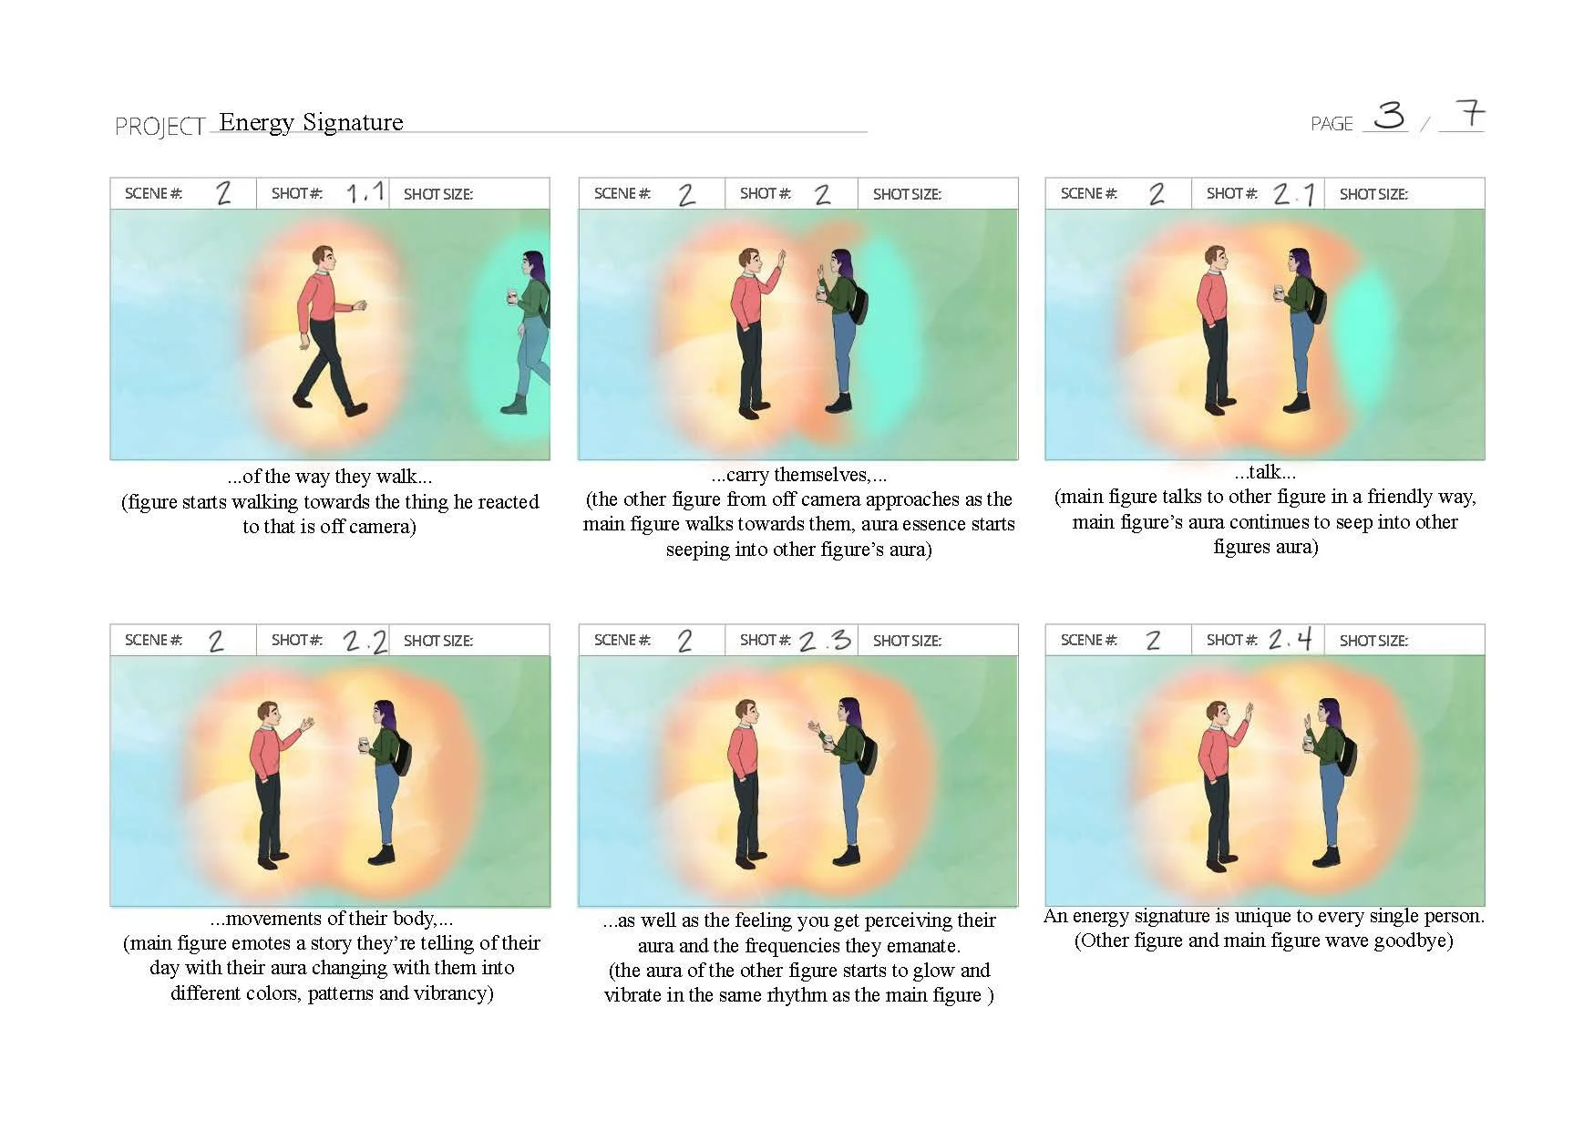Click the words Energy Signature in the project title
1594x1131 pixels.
click(311, 122)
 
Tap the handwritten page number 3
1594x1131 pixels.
click(1389, 115)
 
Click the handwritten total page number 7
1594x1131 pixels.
click(1469, 114)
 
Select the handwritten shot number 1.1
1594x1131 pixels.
click(365, 192)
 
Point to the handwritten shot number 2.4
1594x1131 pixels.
click(1291, 639)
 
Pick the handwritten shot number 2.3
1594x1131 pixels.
click(825, 641)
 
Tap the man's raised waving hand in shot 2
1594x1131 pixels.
click(779, 260)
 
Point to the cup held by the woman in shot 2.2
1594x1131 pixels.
click(364, 745)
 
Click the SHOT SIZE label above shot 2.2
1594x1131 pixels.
click(438, 641)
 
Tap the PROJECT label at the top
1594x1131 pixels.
click(160, 127)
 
